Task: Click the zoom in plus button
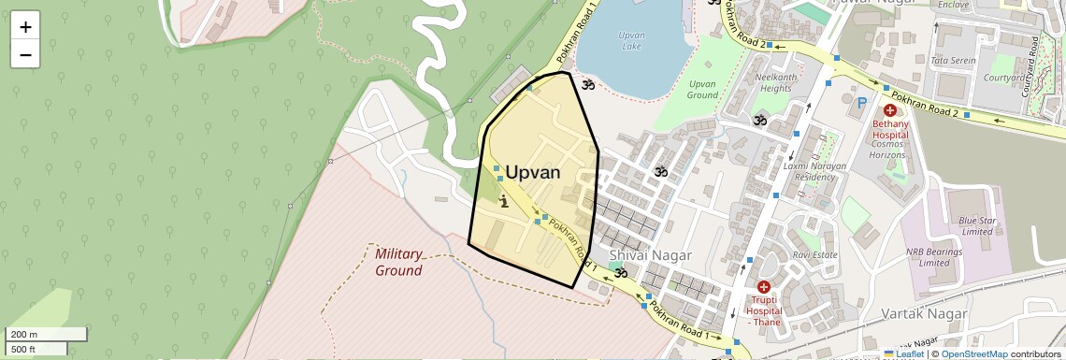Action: click(x=25, y=27)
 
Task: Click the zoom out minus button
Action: click(x=25, y=54)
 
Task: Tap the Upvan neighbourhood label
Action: click(x=532, y=172)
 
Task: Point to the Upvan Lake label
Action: click(x=631, y=39)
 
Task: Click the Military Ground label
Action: click(x=399, y=262)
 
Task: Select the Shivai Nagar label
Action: click(x=650, y=255)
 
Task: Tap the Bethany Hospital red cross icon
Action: click(x=889, y=110)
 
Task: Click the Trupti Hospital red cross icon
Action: click(x=763, y=287)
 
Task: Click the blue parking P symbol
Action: click(x=860, y=102)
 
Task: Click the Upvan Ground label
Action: click(x=701, y=89)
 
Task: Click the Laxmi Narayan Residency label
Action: click(x=814, y=171)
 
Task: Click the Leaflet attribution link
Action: click(x=903, y=354)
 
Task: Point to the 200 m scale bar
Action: click(x=47, y=334)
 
